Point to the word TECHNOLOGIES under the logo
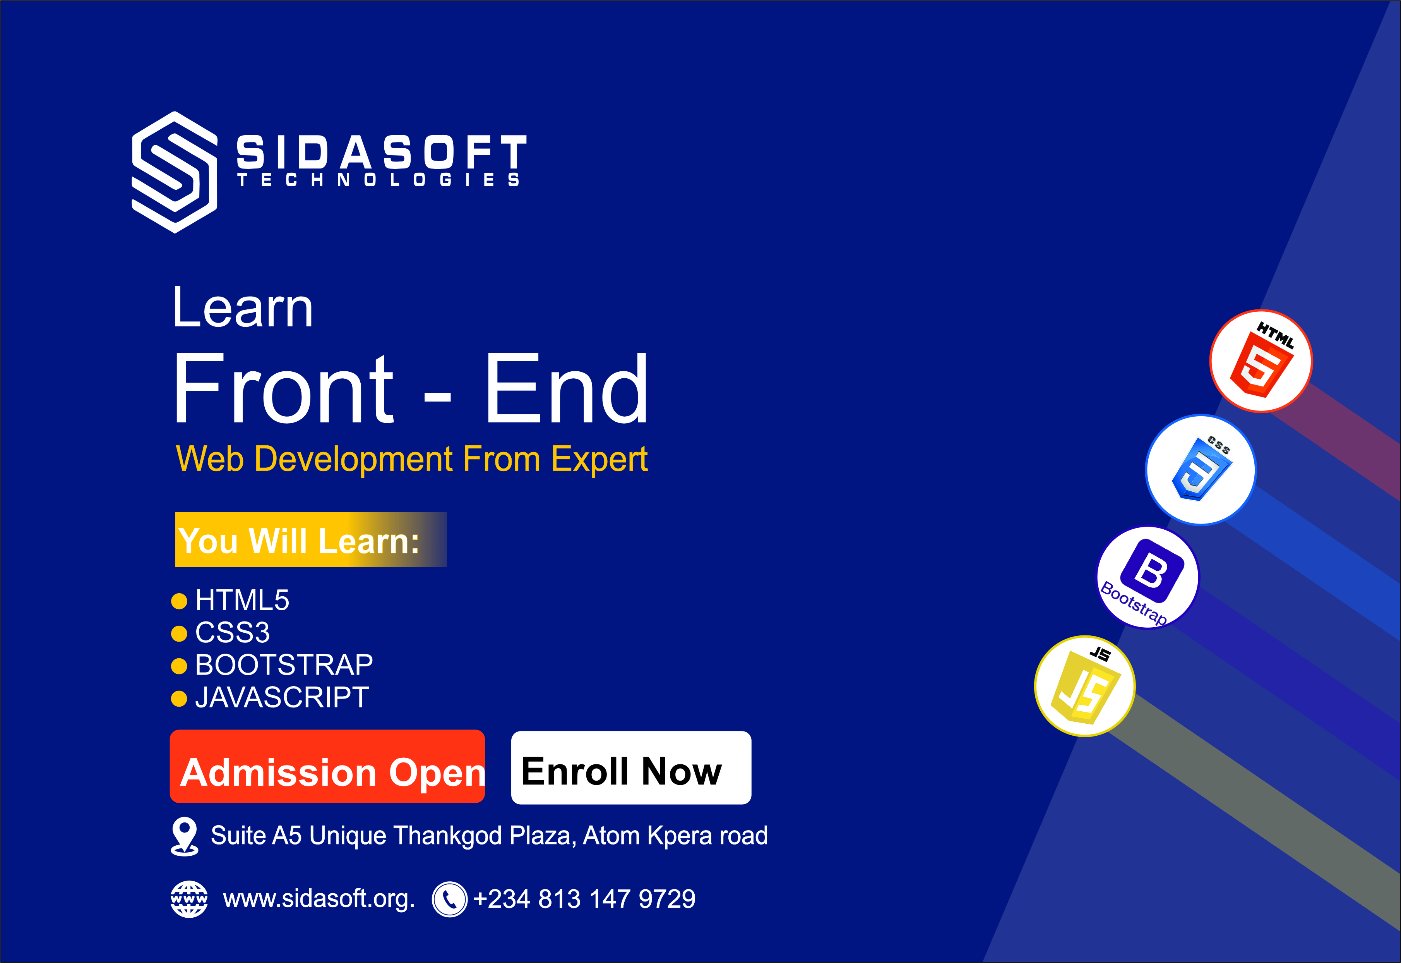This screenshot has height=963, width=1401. click(x=378, y=180)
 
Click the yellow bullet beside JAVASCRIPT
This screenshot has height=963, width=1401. click(x=179, y=698)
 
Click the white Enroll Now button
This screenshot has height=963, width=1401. click(x=631, y=768)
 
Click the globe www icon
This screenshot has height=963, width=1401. click(x=189, y=899)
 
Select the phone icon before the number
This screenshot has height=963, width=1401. click(x=449, y=899)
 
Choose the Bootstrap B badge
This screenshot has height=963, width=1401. click(x=1148, y=577)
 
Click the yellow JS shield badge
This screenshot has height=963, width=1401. click(x=1085, y=687)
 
